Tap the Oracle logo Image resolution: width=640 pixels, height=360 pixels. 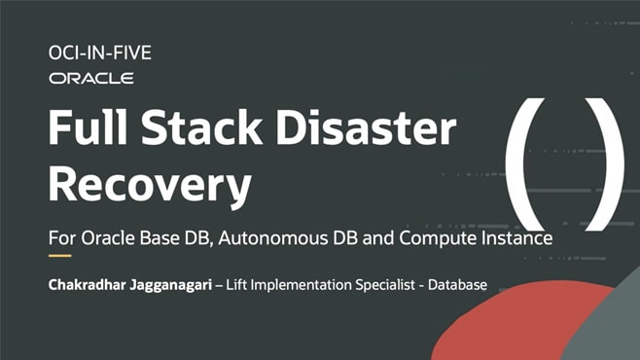90,78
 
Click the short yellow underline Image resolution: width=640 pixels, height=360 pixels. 60,257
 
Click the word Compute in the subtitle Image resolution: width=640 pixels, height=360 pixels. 450,237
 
